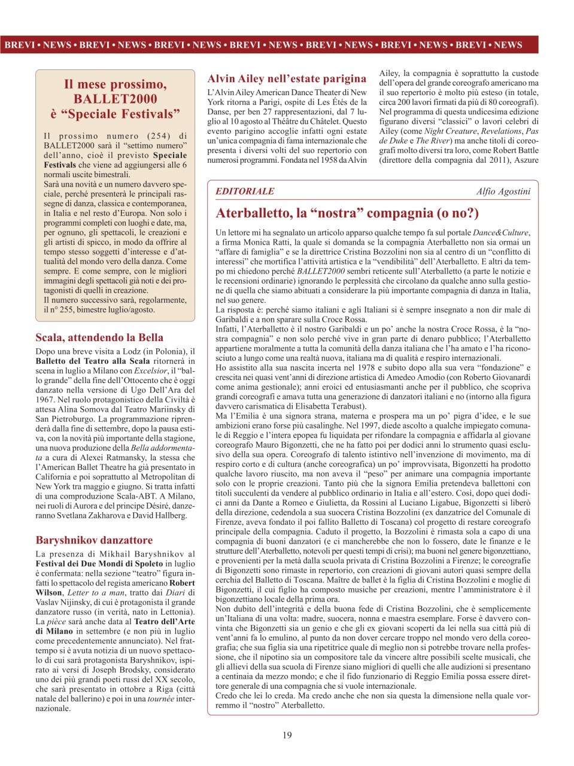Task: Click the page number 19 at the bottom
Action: (287, 735)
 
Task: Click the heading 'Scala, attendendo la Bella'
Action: (99, 338)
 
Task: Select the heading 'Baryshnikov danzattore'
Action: (94, 540)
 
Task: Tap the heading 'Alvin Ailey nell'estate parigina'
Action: (287, 78)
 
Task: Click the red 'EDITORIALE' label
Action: (245, 191)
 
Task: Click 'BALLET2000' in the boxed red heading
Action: (115, 99)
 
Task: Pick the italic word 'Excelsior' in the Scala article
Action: (150, 371)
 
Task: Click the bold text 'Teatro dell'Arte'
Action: (165, 621)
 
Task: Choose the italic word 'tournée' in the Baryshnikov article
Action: (162, 698)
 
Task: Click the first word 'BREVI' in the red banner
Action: (19, 45)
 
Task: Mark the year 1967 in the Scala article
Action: (45, 400)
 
